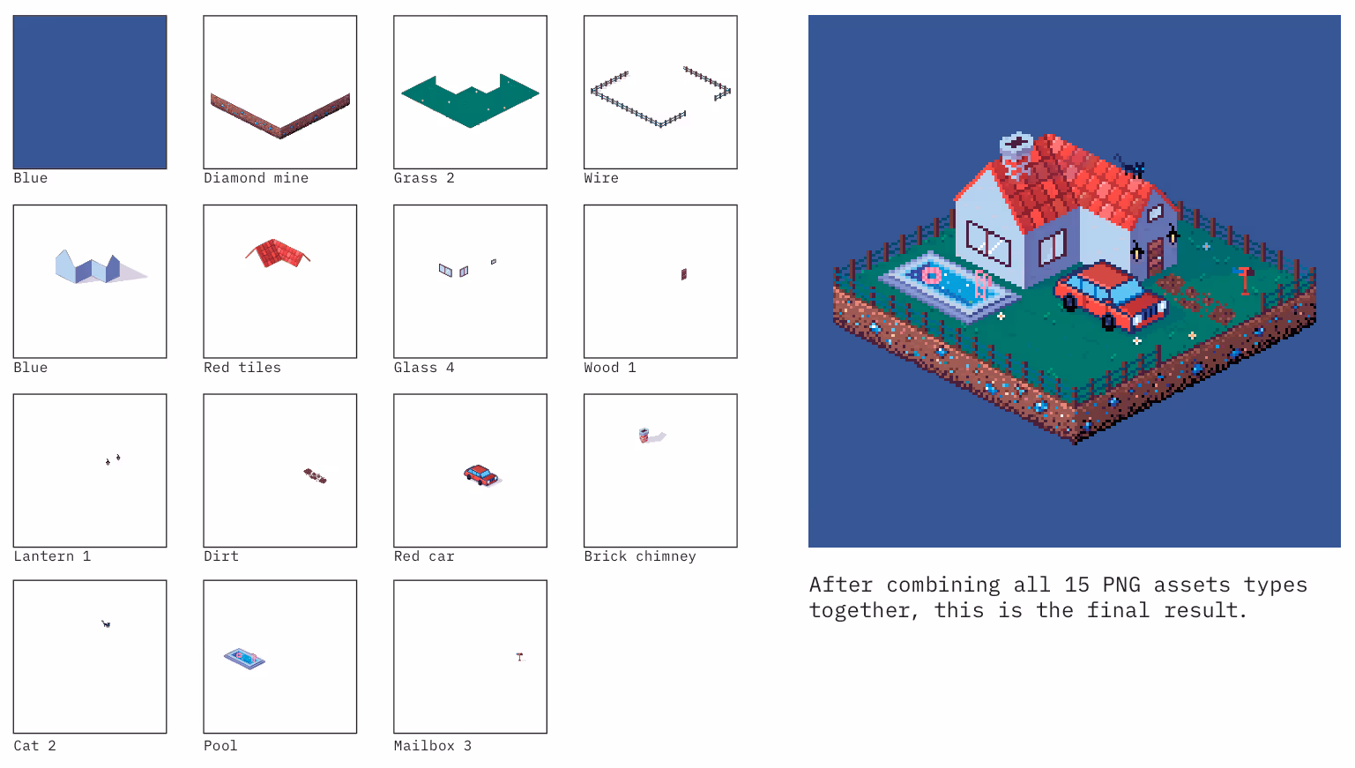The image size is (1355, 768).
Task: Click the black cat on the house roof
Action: point(1130,166)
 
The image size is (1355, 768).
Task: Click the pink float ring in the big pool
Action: point(931,276)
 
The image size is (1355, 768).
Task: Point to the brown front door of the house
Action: point(1155,257)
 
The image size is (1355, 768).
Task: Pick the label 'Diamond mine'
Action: point(256,178)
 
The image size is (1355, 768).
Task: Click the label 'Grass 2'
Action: point(423,178)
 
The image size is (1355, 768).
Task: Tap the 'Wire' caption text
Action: point(600,178)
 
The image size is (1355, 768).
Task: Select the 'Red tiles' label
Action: point(242,368)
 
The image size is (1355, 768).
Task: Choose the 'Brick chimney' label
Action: point(639,556)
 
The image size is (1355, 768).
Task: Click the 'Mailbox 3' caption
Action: point(432,746)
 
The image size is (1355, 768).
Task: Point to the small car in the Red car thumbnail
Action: point(481,475)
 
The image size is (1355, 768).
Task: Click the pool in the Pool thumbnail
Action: point(244,659)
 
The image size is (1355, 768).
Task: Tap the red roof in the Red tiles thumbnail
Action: point(278,253)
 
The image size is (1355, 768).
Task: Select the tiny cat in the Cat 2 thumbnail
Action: point(106,623)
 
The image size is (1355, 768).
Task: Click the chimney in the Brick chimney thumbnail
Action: point(644,435)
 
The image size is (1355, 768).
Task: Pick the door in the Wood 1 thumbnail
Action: point(683,275)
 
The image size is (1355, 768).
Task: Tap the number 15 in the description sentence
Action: point(1076,585)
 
